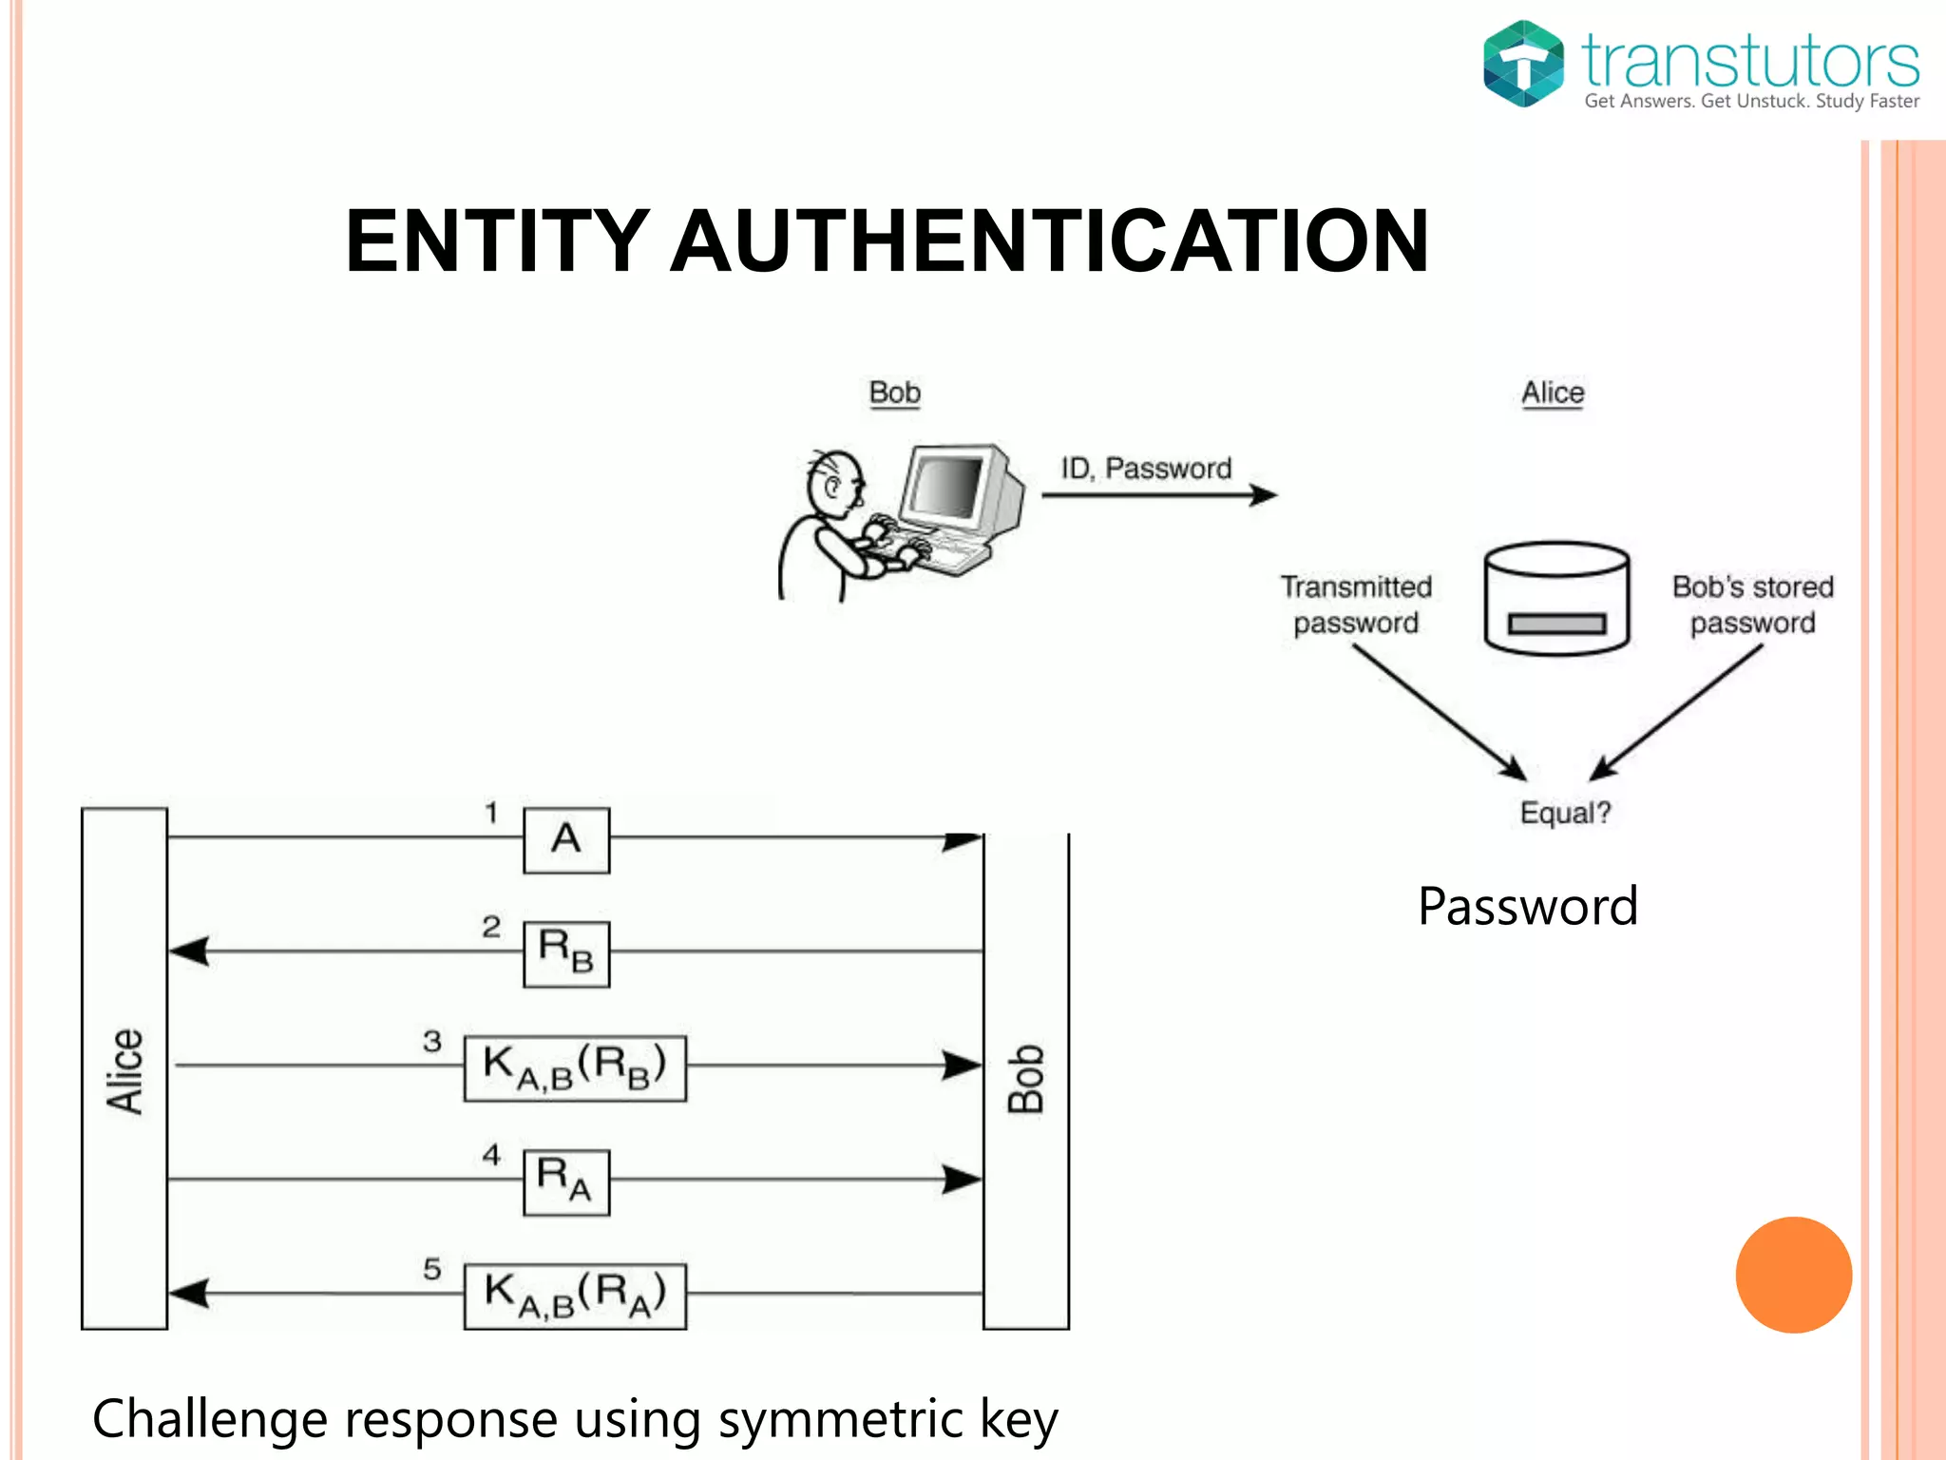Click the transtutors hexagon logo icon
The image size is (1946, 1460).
pos(1523,64)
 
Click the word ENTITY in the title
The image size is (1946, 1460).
pos(497,241)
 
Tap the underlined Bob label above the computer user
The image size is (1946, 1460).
pos(894,394)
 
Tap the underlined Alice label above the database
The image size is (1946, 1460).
pos(1553,394)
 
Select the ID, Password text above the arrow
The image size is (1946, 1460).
pos(1146,469)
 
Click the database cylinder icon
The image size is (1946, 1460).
pos(1556,598)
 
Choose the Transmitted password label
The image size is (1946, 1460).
pos(1356,605)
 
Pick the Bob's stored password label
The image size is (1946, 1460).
pos(1752,605)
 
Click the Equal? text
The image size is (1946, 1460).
pos(1565,813)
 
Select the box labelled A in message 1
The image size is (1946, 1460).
pos(566,840)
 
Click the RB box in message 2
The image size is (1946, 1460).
pos(566,953)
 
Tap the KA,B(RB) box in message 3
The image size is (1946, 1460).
pos(575,1068)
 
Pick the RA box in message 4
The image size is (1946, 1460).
pos(566,1181)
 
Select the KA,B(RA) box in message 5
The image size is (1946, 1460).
pos(575,1296)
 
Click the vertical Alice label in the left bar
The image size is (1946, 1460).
pos(124,1070)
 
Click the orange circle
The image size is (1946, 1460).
pos(1793,1275)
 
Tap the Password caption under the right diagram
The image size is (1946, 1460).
pos(1527,906)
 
